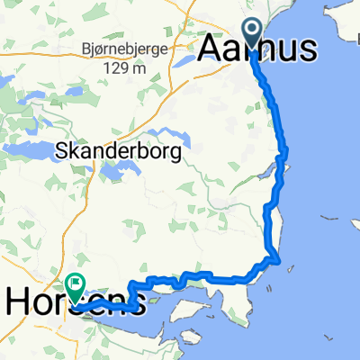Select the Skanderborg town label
(x=119, y=153)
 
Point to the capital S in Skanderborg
(x=61, y=153)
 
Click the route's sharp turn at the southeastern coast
(x=280, y=262)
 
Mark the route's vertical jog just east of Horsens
(x=132, y=295)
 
